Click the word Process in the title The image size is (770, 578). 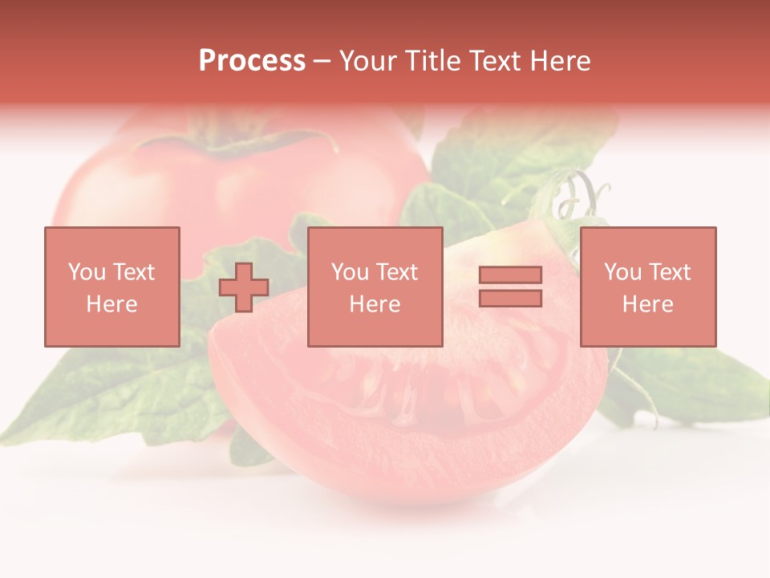point(252,61)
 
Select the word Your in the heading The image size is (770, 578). point(371,61)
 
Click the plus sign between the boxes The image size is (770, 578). point(244,287)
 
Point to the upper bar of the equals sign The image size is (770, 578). point(510,275)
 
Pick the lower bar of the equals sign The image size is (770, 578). point(510,298)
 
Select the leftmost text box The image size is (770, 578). point(111,287)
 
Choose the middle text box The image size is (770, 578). point(375,287)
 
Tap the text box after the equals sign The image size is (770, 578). point(647,287)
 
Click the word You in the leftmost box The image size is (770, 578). point(87,272)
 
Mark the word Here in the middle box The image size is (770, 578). point(375,304)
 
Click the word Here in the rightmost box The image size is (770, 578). point(647,304)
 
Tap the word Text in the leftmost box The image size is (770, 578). point(132,272)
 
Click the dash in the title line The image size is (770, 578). point(322,62)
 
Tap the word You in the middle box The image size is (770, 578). point(350,272)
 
